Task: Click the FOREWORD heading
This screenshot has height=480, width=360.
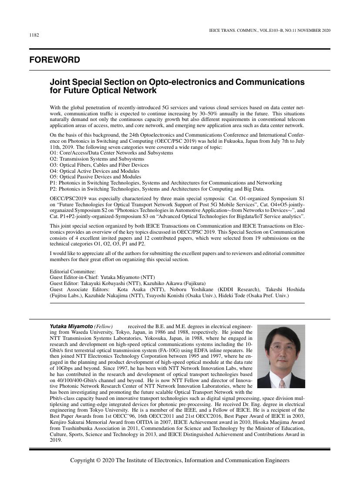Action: click(x=55, y=60)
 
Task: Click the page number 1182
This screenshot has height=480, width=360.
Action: click(x=34, y=35)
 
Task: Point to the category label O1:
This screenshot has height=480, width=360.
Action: click(x=54, y=153)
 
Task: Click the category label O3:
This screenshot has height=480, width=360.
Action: click(x=54, y=165)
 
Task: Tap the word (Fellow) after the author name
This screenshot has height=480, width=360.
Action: click(x=104, y=326)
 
